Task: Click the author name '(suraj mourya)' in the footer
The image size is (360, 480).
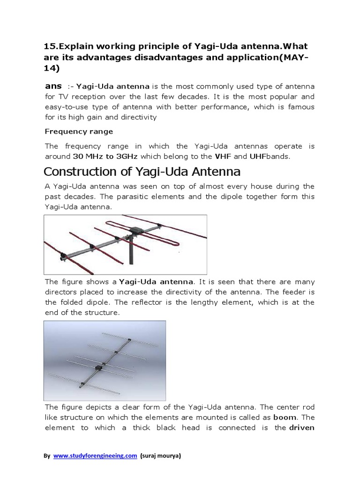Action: pos(163,455)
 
